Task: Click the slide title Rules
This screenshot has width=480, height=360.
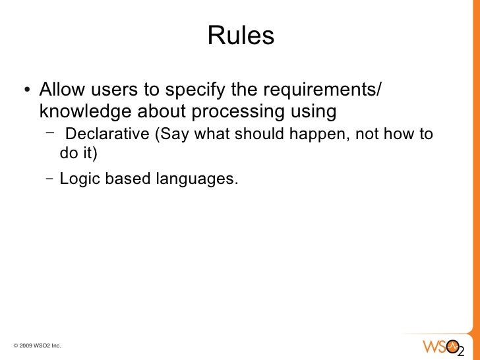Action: click(241, 36)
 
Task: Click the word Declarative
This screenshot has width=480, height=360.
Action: click(108, 135)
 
